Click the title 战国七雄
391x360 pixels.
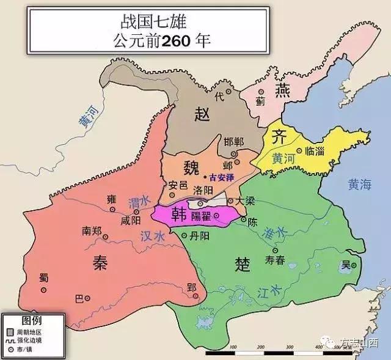(x=157, y=18)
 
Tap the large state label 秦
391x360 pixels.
(x=99, y=262)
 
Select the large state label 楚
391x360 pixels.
(x=243, y=264)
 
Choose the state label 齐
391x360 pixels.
(x=279, y=138)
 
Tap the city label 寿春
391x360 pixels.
(x=275, y=260)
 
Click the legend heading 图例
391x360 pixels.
(x=31, y=320)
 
